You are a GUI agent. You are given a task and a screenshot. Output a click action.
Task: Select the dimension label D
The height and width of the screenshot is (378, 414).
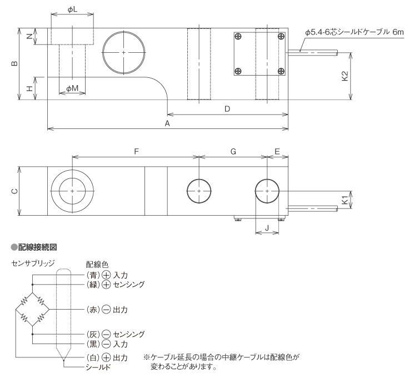(x=227, y=109)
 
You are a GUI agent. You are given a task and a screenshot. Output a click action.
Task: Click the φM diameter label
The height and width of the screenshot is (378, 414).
(x=72, y=89)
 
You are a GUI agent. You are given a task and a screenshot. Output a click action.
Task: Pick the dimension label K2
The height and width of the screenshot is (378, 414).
(x=345, y=76)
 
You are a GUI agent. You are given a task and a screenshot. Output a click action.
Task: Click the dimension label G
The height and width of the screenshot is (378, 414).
(x=233, y=151)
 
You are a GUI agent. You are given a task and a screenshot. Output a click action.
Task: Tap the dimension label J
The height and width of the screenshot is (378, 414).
(x=267, y=226)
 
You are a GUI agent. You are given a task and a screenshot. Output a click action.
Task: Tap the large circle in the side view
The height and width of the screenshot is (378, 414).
(x=123, y=52)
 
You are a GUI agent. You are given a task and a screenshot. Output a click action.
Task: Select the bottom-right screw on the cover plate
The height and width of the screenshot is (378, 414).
(x=280, y=71)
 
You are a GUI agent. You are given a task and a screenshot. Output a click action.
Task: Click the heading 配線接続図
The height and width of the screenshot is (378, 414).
(x=37, y=245)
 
